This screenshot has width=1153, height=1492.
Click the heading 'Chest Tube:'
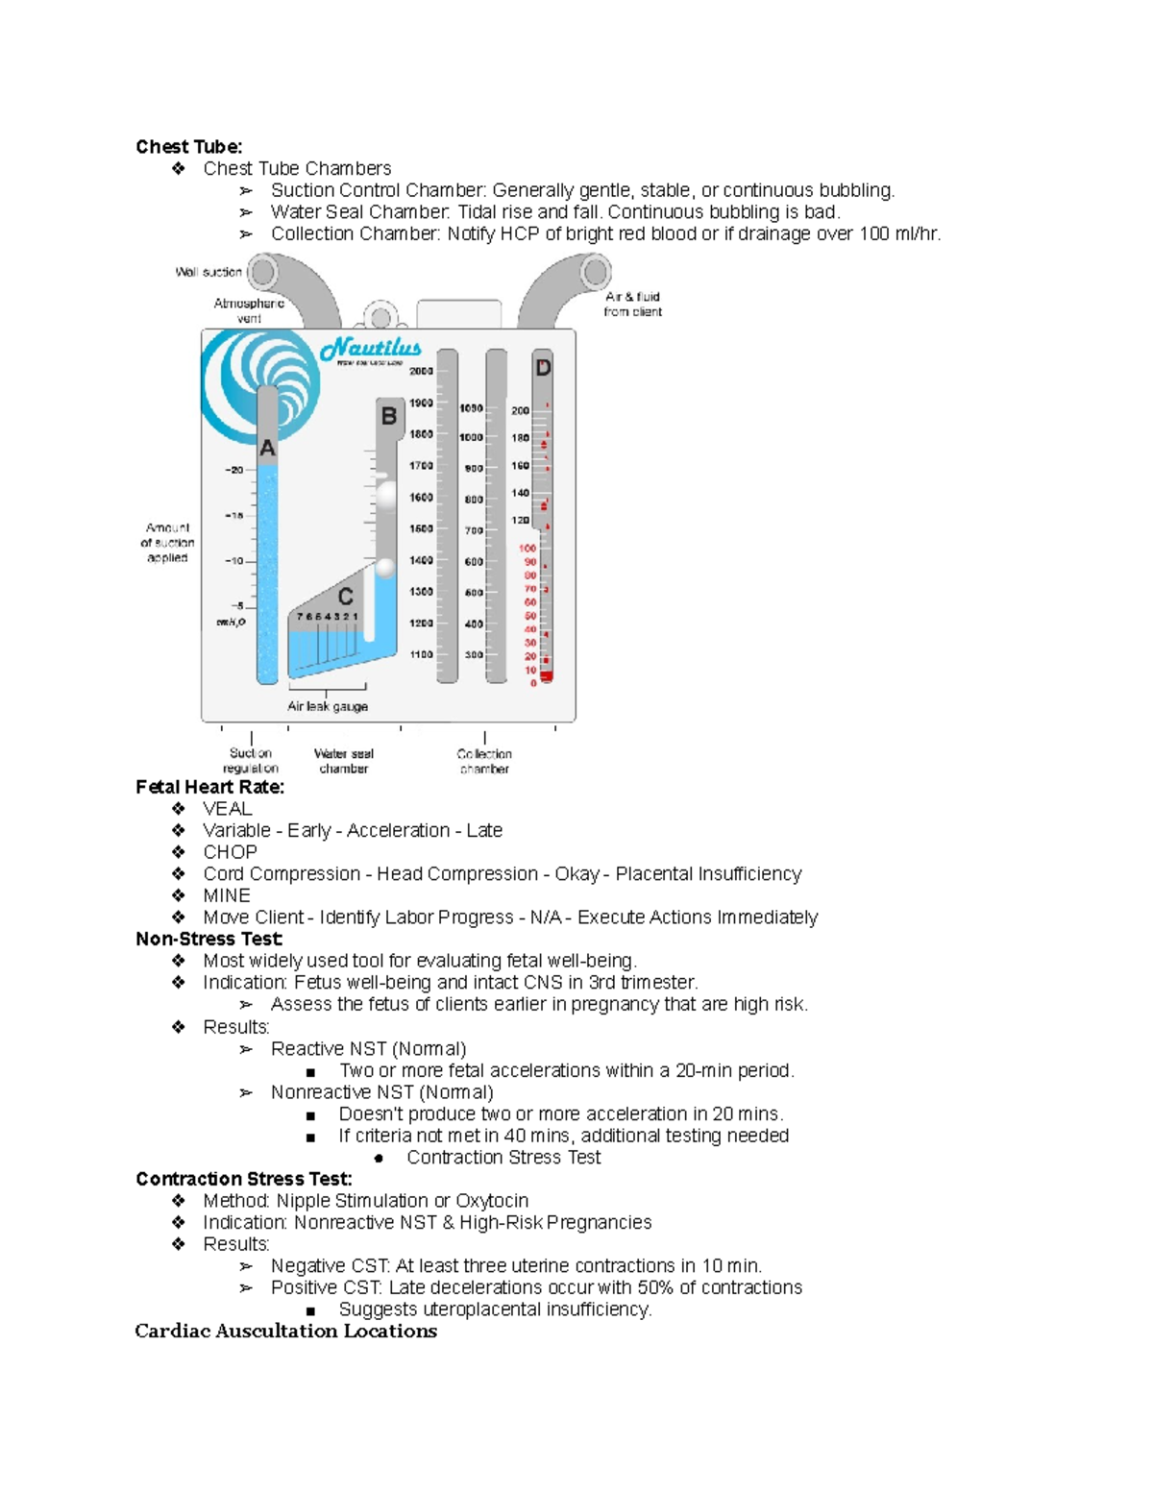(x=188, y=147)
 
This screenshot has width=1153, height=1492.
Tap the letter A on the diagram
(x=267, y=449)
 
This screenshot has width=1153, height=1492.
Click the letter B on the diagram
(x=389, y=416)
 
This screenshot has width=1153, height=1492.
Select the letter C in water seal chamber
(x=345, y=597)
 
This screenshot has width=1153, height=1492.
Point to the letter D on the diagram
(x=543, y=368)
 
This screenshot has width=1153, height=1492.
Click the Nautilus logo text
(x=371, y=349)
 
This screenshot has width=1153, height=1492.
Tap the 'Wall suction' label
(x=209, y=272)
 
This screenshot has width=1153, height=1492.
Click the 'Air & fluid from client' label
(x=632, y=305)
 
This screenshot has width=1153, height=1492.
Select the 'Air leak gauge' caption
(x=328, y=706)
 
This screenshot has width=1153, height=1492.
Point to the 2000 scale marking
(x=421, y=371)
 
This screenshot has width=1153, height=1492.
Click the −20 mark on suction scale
(x=233, y=470)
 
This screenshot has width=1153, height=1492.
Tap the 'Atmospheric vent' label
(x=249, y=310)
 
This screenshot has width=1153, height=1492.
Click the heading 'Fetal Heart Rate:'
(x=209, y=787)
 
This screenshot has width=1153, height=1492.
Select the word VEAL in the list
(x=227, y=809)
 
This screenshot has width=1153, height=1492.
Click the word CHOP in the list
(x=230, y=852)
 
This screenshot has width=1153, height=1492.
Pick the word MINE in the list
(x=227, y=895)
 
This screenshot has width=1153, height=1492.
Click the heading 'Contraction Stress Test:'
(x=243, y=1179)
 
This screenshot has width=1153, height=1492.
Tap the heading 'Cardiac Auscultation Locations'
(x=285, y=1332)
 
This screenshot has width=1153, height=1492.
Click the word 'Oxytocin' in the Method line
(x=492, y=1201)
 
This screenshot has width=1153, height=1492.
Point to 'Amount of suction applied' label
(x=167, y=543)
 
